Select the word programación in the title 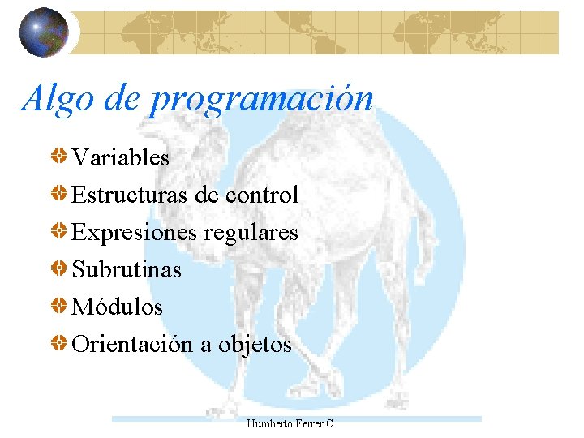pos(261,100)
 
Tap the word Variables pos(121,157)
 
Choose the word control pos(262,195)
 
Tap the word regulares pos(251,233)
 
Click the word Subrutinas pos(127,270)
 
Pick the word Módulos pos(118,307)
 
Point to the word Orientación pos(132,345)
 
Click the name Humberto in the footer pos(268,424)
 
